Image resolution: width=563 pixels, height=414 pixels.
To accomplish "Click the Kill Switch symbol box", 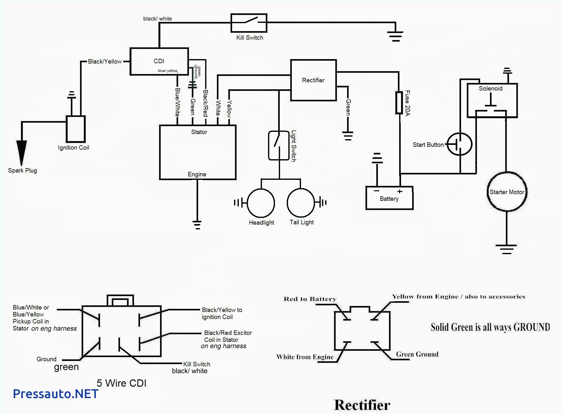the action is [x=249, y=23].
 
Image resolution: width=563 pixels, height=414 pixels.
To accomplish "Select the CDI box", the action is [x=159, y=61].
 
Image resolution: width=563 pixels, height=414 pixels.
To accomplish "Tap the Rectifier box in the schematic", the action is [x=313, y=80].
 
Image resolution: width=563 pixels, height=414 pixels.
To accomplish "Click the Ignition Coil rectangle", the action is [x=76, y=129].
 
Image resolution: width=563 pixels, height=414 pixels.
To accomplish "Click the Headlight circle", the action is [x=261, y=203].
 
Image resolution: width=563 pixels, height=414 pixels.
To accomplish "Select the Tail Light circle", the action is [x=301, y=202].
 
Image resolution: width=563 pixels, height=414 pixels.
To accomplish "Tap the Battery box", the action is [x=389, y=198].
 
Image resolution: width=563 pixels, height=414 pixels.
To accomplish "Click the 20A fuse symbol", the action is [x=399, y=103].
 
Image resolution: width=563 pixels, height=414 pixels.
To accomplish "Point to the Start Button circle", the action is [x=459, y=144].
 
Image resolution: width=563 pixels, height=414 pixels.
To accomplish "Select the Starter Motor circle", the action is [x=507, y=192].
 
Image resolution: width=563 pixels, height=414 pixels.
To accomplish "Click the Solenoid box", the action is [x=492, y=100].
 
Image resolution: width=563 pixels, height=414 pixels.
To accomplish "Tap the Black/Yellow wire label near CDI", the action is [x=105, y=61].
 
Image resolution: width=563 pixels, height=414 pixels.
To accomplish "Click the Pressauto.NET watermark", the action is [x=56, y=394].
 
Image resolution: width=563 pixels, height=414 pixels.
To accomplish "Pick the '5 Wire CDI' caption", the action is [x=121, y=383].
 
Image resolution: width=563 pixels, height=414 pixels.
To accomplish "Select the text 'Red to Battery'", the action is [x=310, y=299].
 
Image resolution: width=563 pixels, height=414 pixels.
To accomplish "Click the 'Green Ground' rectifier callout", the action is [x=417, y=354].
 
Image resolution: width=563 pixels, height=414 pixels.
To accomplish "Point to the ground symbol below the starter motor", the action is [x=506, y=249].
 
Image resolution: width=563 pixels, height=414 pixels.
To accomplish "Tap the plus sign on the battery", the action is [x=400, y=191].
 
